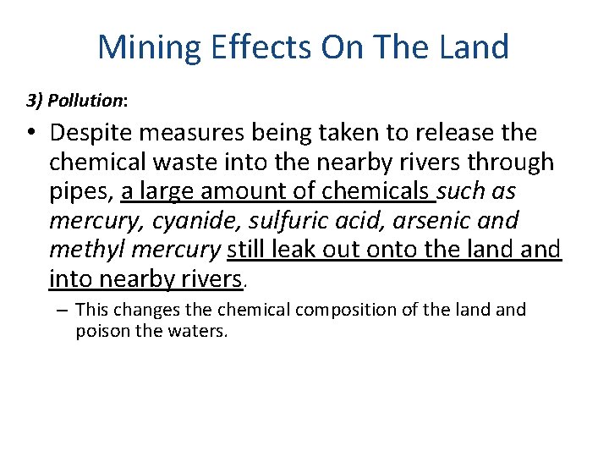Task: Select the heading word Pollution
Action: pyautogui.click(x=85, y=101)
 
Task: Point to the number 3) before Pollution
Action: pyautogui.click(x=35, y=101)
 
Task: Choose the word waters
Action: pyautogui.click(x=200, y=331)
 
